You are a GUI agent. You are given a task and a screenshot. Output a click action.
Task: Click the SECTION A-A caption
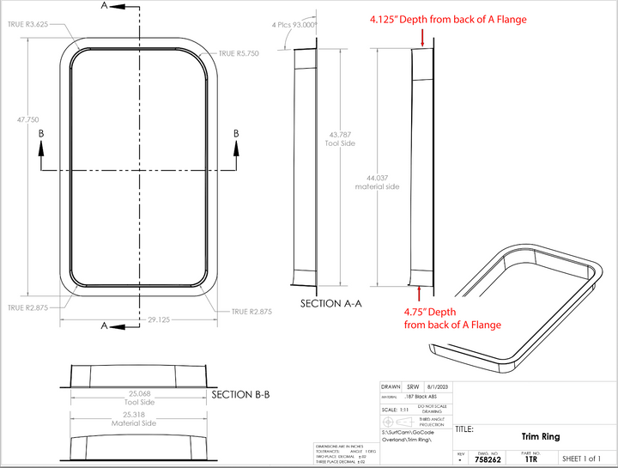coord(330,303)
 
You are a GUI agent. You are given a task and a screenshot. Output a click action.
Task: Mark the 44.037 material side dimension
coord(377,181)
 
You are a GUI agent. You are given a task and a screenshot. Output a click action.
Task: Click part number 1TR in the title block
coord(531,459)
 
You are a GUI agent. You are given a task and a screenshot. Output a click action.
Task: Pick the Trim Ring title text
coord(540,436)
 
